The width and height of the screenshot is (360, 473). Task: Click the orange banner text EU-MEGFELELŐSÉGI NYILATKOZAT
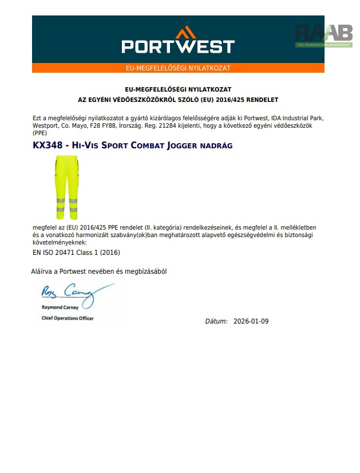(178, 68)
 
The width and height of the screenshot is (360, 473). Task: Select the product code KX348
(48, 146)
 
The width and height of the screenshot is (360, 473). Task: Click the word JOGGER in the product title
(181, 146)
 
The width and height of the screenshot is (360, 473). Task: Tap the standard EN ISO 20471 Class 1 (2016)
(76, 252)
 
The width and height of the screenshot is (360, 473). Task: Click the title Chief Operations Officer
(68, 318)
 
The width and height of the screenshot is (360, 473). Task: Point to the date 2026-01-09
(251, 321)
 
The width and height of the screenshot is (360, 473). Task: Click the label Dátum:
(216, 321)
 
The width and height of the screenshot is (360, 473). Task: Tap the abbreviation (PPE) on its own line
(40, 132)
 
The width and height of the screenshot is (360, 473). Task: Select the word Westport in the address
(45, 125)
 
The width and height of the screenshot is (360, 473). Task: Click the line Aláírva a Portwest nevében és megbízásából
(98, 271)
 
